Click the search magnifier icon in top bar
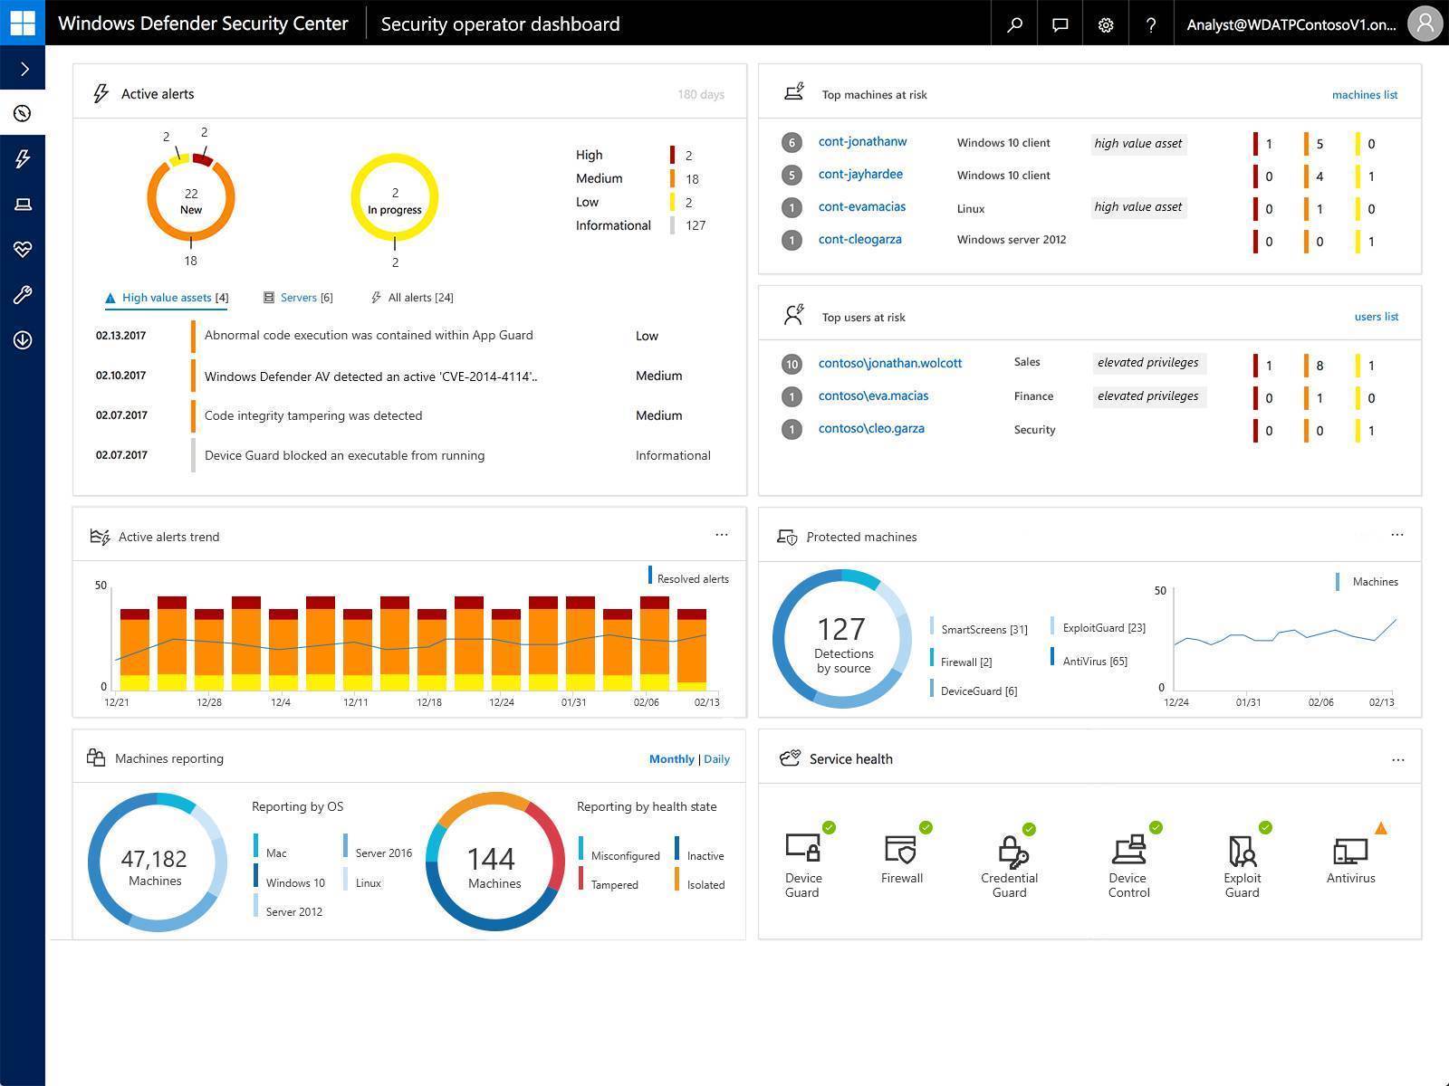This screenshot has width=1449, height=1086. pyautogui.click(x=1014, y=24)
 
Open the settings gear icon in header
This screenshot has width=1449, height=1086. pyautogui.click(x=1105, y=24)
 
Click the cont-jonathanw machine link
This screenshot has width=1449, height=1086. pyautogui.click(x=862, y=141)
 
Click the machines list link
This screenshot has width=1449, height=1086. pyautogui.click(x=1364, y=94)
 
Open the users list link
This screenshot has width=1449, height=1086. pyautogui.click(x=1376, y=317)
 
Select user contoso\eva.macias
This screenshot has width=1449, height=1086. pyautogui.click(x=873, y=395)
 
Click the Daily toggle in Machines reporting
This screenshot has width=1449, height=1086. pyautogui.click(x=716, y=758)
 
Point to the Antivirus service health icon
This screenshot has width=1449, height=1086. pyautogui.click(x=1350, y=853)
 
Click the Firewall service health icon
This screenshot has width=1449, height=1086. pyautogui.click(x=901, y=851)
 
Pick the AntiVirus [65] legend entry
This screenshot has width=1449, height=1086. pyautogui.click(x=1094, y=661)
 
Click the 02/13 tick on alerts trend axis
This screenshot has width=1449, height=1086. pyautogui.click(x=706, y=702)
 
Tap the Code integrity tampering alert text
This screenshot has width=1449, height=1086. pyautogui.click(x=313, y=415)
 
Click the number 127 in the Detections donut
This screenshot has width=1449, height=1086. pyautogui.click(x=841, y=629)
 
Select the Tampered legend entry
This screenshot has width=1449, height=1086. pyautogui.click(x=614, y=885)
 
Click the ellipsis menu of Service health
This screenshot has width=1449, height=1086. pyautogui.click(x=1397, y=759)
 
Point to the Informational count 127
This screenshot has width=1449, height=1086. pyautogui.click(x=695, y=225)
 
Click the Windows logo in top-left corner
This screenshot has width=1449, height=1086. pyautogui.click(x=22, y=22)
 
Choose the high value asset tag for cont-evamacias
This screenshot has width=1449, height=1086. pyautogui.click(x=1137, y=206)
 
